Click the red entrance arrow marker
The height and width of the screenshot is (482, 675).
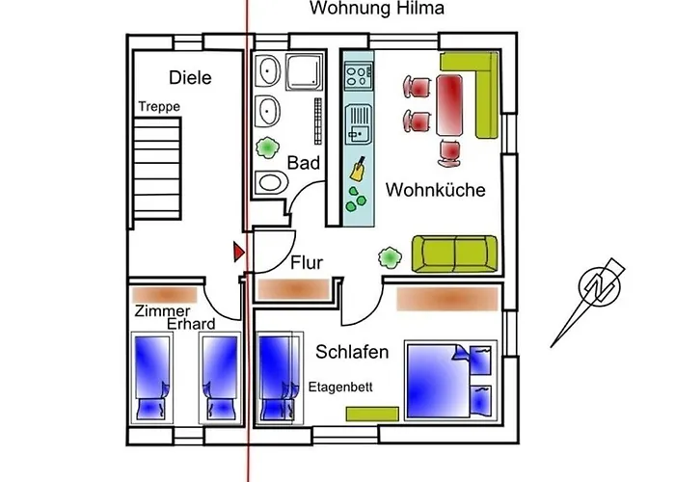pos(239,252)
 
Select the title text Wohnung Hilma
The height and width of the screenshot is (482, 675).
pos(377,8)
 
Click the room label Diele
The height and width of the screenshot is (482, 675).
pos(190,77)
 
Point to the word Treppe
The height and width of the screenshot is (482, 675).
pos(159,107)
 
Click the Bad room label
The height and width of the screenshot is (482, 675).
pos(304,163)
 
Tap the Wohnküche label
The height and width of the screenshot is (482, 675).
pos(435,190)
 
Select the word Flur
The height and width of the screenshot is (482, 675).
pos(307,262)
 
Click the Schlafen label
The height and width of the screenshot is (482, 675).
pos(352,352)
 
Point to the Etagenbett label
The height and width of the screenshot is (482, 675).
pos(340,388)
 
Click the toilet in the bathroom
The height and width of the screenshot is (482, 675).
pos(271,182)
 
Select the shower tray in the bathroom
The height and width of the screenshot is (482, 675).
pos(305,71)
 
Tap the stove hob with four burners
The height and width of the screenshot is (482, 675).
pos(359,76)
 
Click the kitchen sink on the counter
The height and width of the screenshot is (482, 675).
pos(358,124)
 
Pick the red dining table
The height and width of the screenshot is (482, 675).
pos(449,105)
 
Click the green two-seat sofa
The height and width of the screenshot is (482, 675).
pos(454,254)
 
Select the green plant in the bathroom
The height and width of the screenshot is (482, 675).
pos(267,147)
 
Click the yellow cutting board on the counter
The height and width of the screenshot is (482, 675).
pos(358,170)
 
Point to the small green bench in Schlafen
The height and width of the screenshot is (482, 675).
pos(372,414)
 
